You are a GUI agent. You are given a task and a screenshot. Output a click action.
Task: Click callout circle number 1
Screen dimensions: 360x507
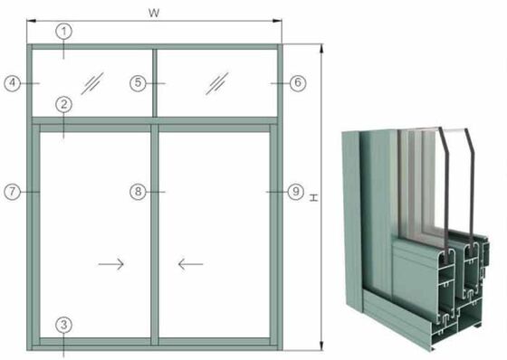point(63,31)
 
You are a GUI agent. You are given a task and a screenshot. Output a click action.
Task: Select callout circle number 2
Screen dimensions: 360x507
point(63,104)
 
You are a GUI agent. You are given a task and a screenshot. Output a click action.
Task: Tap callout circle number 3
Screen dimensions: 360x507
point(63,324)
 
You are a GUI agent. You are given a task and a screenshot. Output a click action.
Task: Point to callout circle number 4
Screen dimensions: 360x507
point(13,82)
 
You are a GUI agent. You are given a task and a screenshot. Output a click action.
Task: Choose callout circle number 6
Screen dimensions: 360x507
point(298,82)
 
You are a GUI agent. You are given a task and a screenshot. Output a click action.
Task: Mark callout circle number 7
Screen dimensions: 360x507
point(13,192)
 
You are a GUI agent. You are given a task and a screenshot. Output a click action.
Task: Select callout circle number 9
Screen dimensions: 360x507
point(295,192)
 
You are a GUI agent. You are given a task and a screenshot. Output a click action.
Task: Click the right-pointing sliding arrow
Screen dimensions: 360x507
point(110,264)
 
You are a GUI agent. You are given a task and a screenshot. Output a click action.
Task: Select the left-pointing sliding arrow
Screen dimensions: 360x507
point(190,264)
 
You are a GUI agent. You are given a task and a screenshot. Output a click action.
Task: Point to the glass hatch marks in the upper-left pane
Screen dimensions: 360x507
point(91,82)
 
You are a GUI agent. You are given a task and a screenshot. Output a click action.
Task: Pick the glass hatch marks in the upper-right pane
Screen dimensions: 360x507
point(216,82)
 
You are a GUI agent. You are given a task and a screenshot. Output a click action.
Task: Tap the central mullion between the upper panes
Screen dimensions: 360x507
point(154,82)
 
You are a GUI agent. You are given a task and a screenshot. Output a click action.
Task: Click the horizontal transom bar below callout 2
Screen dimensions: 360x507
point(154,118)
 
